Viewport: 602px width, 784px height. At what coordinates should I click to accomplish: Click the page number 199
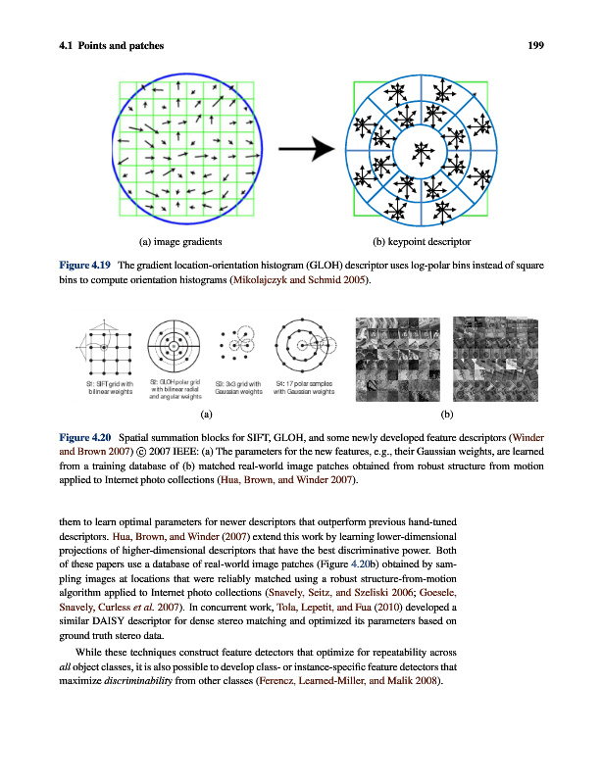coord(534,45)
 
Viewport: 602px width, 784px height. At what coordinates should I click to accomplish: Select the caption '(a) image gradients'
coord(180,240)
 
